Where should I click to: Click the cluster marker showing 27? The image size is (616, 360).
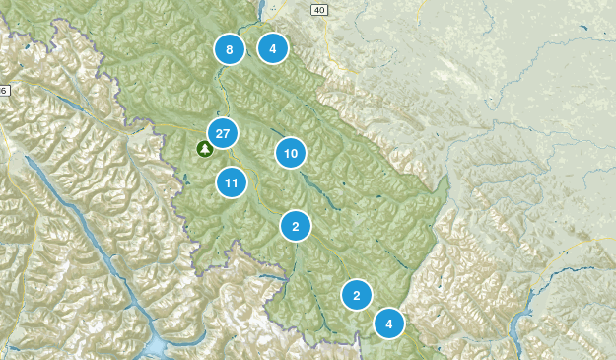(223, 134)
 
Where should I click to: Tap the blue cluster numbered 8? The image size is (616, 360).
(230, 49)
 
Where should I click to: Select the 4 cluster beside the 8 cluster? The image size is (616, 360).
(273, 47)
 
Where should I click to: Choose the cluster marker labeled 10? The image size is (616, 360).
(290, 153)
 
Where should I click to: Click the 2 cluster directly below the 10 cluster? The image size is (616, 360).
(296, 226)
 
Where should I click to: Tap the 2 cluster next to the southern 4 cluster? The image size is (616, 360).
(357, 294)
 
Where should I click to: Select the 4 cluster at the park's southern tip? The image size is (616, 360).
(389, 323)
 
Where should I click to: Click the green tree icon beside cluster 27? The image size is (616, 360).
(204, 149)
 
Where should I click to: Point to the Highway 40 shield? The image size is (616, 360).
(317, 10)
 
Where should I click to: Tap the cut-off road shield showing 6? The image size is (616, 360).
(3, 91)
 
